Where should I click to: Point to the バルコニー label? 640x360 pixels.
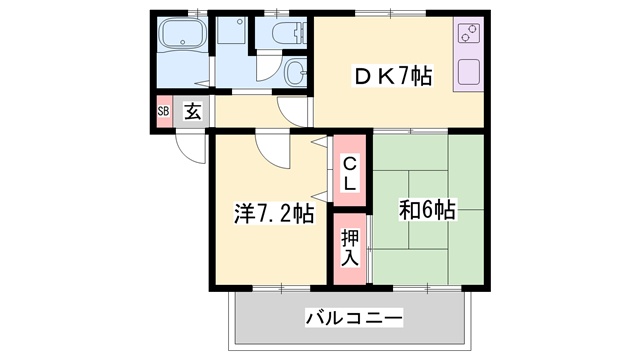click(354, 319)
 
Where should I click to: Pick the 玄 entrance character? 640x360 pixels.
click(192, 112)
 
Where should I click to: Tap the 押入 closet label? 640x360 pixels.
click(349, 246)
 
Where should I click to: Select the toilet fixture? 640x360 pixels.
click(282, 32)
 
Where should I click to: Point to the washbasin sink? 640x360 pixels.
click(297, 72)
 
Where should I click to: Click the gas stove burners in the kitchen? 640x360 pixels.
click(467, 35)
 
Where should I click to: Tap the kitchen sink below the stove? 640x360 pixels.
click(467, 71)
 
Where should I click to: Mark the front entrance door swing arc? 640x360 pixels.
click(188, 145)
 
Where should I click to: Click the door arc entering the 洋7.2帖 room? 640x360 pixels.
click(271, 150)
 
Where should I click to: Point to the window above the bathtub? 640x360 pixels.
click(196, 13)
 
